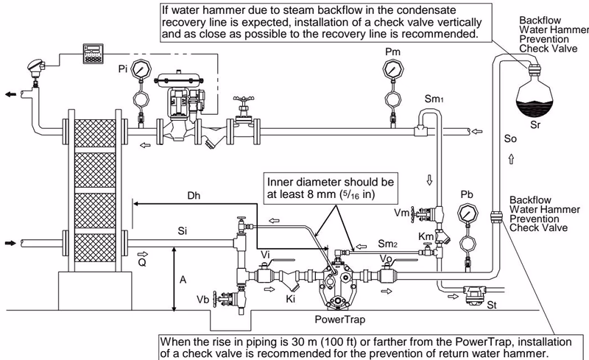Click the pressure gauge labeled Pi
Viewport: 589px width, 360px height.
(141, 69)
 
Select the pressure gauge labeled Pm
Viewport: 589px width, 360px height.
(392, 68)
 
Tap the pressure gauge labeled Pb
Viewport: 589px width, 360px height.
(468, 213)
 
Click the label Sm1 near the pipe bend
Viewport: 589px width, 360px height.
(434, 99)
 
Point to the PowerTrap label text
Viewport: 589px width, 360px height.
(340, 320)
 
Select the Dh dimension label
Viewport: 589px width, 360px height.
(194, 196)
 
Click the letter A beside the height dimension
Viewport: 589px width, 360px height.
(183, 280)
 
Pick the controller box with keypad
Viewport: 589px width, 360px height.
(94, 53)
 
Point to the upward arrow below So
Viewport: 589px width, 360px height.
(511, 159)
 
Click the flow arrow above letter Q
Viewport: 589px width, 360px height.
(143, 254)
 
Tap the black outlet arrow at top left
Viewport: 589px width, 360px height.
(10, 94)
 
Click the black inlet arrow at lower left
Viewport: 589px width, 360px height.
(10, 243)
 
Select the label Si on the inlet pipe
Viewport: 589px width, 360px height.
(182, 230)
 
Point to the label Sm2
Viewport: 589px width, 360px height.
(388, 244)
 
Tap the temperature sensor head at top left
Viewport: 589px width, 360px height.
(36, 67)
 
